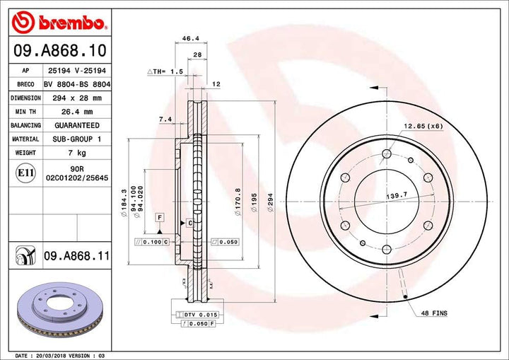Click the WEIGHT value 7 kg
pyautogui.click(x=76, y=153)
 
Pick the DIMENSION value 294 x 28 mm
pyautogui.click(x=76, y=98)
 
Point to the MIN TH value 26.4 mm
pyautogui.click(x=76, y=112)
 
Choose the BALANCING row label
pyautogui.click(x=25, y=125)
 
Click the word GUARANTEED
pyautogui.click(x=76, y=125)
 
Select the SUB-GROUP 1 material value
pyautogui.click(x=76, y=139)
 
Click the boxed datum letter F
pyautogui.click(x=160, y=216)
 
